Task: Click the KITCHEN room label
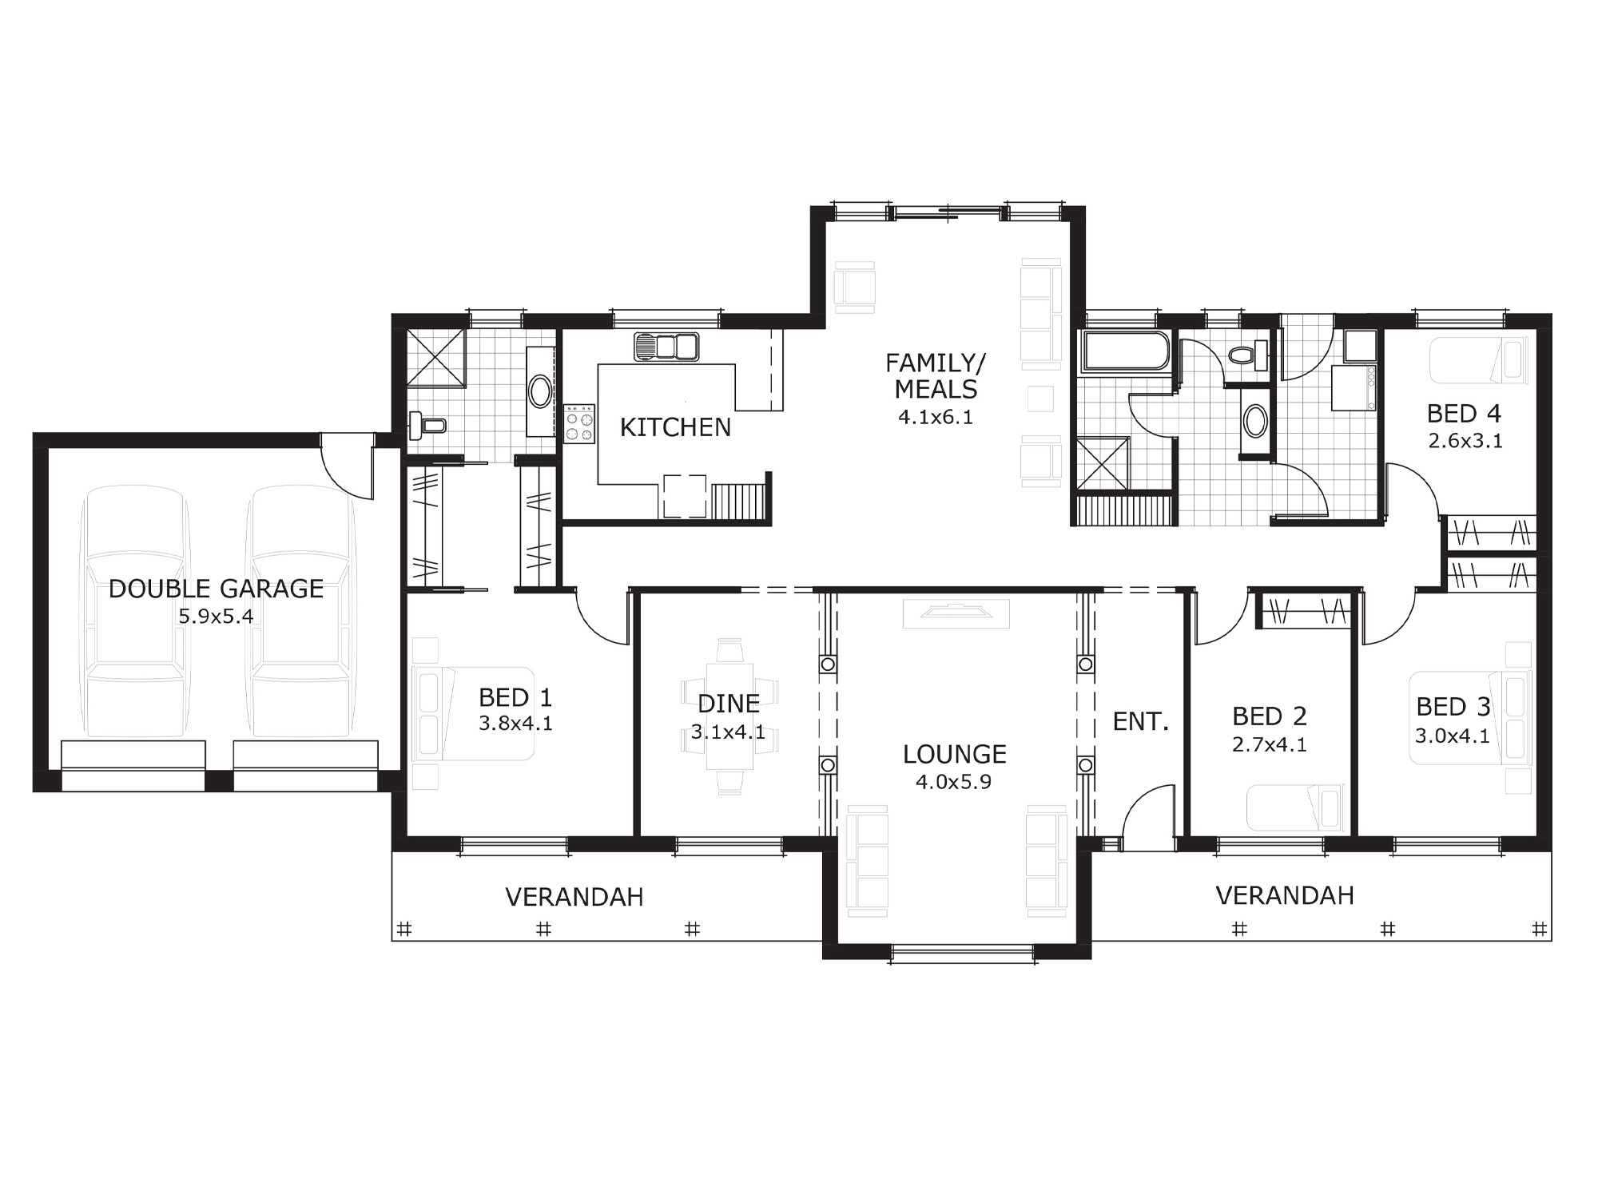pos(675,428)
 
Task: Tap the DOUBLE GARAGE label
pos(216,589)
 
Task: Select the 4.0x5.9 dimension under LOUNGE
pos(953,782)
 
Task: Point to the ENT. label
pos(1141,722)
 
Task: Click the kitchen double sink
pos(666,347)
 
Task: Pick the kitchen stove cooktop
pos(580,423)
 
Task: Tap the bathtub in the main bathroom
pos(1126,351)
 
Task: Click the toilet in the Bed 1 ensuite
pos(427,426)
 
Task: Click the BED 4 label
pos(1464,414)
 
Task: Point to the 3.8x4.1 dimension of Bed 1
pos(515,724)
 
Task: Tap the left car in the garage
pos(135,613)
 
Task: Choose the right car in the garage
pos(300,613)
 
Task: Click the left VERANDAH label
pos(574,898)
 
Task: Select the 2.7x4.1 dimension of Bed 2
pos(1269,745)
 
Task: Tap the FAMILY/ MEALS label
pos(936,376)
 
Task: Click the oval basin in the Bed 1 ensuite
pos(540,392)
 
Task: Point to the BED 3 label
pos(1453,707)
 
